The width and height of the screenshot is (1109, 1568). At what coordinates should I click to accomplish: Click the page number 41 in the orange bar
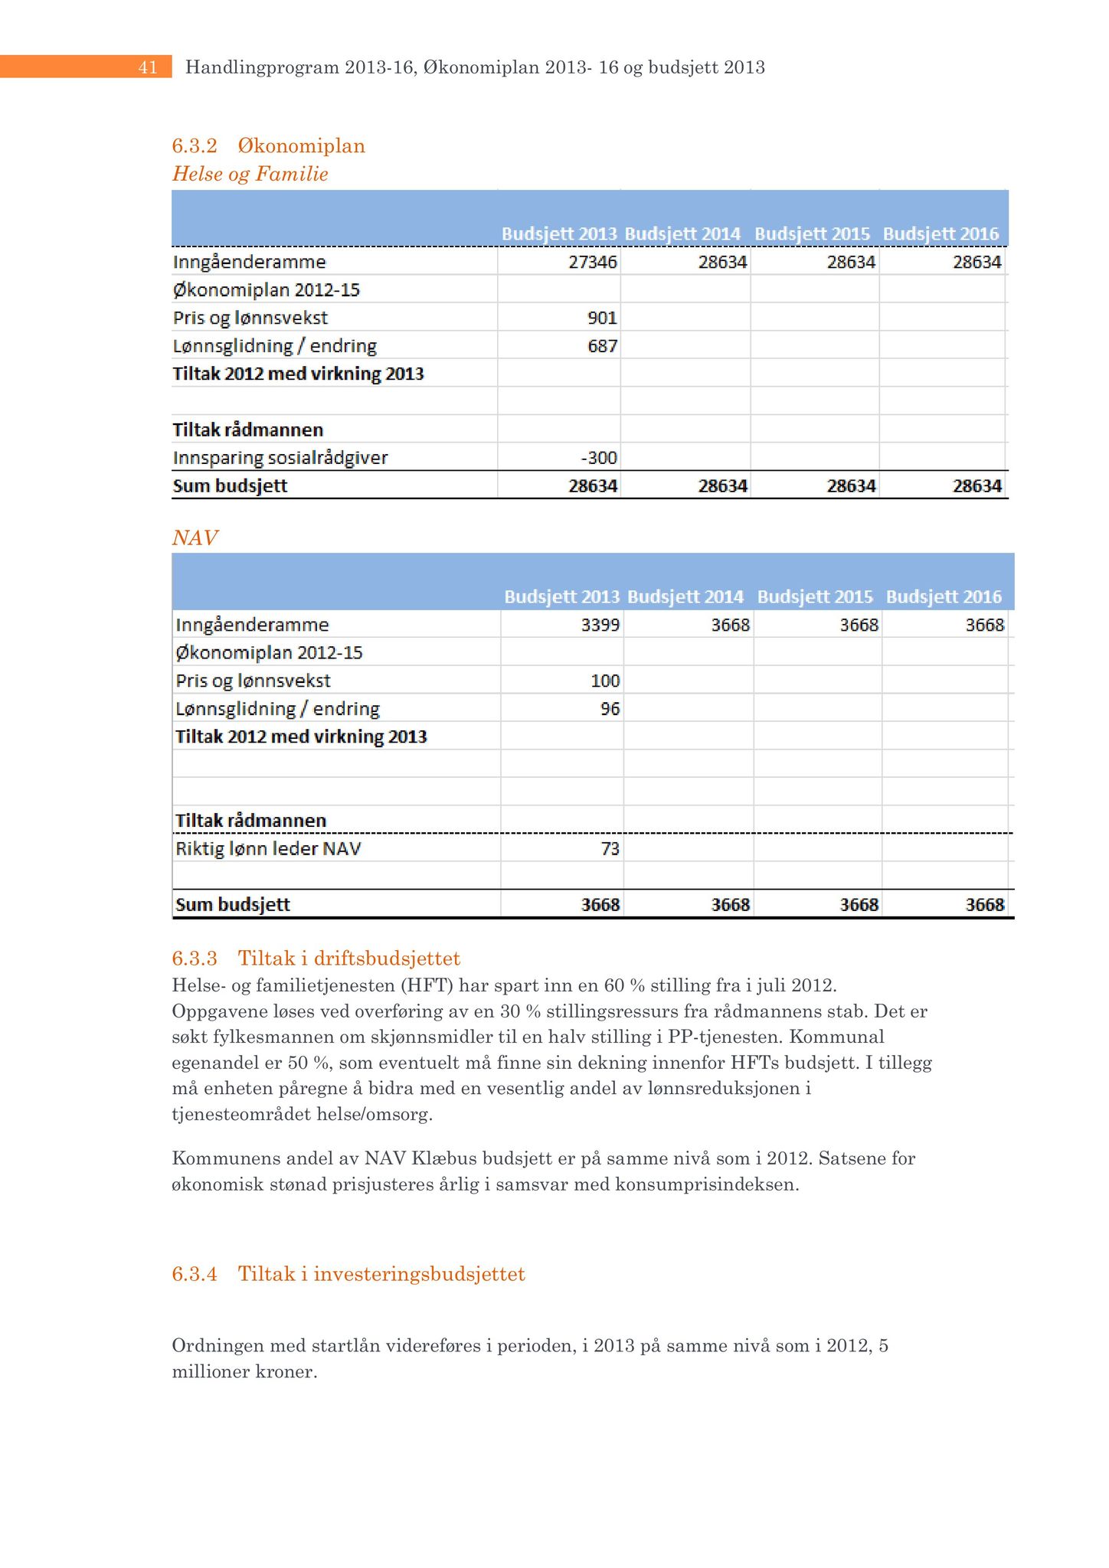pyautogui.click(x=148, y=67)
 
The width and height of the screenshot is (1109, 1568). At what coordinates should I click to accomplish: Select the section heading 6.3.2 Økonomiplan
pyautogui.click(x=268, y=145)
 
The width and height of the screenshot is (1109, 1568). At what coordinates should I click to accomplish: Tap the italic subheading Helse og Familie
pyautogui.click(x=250, y=174)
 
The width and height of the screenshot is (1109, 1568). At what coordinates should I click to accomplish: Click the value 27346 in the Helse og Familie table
pyautogui.click(x=593, y=262)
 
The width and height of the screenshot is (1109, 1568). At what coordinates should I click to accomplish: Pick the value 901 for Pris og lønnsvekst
pyautogui.click(x=603, y=318)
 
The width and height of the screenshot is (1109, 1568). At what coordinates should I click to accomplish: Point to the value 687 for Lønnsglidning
pyautogui.click(x=603, y=346)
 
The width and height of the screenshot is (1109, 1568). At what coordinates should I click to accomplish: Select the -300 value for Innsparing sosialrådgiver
pyautogui.click(x=599, y=458)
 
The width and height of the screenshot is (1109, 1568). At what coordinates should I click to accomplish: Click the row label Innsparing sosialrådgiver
pyautogui.click(x=280, y=458)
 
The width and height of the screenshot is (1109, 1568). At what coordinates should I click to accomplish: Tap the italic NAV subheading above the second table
pyautogui.click(x=195, y=537)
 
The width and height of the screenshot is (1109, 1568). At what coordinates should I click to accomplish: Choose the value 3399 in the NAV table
pyautogui.click(x=600, y=625)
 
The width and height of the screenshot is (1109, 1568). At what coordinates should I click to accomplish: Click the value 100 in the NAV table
pyautogui.click(x=605, y=681)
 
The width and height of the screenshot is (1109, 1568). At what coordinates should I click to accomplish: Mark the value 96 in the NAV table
pyautogui.click(x=610, y=709)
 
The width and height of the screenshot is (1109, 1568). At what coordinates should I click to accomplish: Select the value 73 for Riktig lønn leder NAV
pyautogui.click(x=610, y=848)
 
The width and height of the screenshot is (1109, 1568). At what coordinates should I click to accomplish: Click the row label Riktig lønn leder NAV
pyautogui.click(x=268, y=848)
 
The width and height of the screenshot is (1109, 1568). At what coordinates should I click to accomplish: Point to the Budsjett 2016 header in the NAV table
pyautogui.click(x=944, y=596)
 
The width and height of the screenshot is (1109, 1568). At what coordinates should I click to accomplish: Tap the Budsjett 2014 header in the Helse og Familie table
pyautogui.click(x=682, y=234)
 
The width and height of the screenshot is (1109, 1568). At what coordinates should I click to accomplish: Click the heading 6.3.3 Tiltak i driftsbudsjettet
pyautogui.click(x=316, y=958)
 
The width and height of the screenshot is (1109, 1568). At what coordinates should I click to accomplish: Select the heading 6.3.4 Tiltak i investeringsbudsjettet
pyautogui.click(x=348, y=1274)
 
